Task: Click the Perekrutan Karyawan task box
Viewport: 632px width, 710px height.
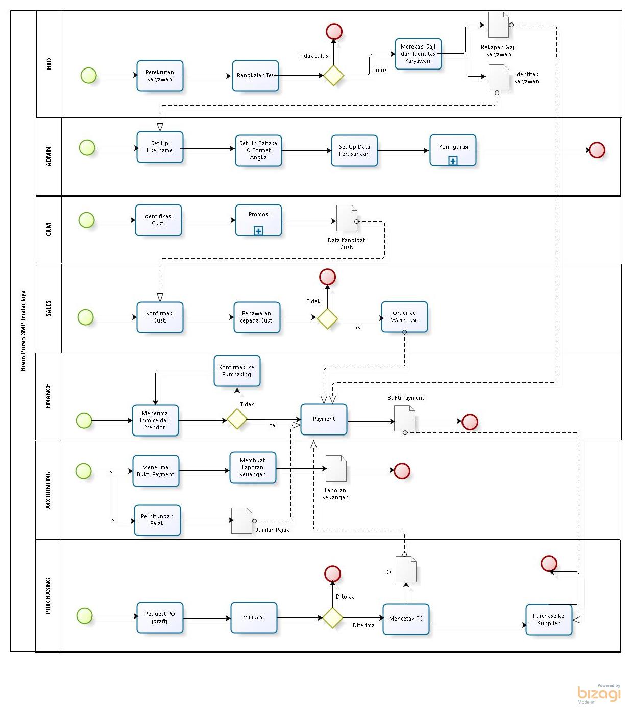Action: [x=160, y=76]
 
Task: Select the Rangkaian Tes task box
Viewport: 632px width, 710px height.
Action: [x=255, y=76]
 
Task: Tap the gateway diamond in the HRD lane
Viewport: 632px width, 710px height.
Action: [x=334, y=75]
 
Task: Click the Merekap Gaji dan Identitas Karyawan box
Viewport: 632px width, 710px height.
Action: [x=418, y=54]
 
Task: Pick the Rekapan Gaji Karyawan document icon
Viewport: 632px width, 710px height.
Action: [x=498, y=25]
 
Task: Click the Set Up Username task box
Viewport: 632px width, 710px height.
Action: [x=160, y=147]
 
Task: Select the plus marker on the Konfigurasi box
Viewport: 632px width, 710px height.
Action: [x=453, y=161]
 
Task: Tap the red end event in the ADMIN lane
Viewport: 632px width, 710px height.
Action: [x=597, y=150]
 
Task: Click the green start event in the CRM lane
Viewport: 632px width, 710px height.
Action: [x=87, y=220]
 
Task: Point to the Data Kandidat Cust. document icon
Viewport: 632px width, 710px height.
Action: [x=347, y=218]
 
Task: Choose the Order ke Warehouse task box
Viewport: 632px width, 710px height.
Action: [x=404, y=317]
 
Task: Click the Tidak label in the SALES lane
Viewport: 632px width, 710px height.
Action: [x=313, y=301]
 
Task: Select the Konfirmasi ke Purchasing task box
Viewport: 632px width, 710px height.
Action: [x=237, y=371]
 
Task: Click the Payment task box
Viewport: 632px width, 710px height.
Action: [x=324, y=419]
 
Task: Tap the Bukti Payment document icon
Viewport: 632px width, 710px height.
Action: [x=404, y=419]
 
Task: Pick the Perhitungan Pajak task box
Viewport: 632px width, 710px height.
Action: [x=157, y=520]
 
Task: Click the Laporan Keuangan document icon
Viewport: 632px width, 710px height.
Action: [x=336, y=469]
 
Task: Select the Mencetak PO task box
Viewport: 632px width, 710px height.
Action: [x=406, y=619]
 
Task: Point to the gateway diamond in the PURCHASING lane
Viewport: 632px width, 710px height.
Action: [x=332, y=617]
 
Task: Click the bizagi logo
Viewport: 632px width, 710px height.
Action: [x=599, y=694]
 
